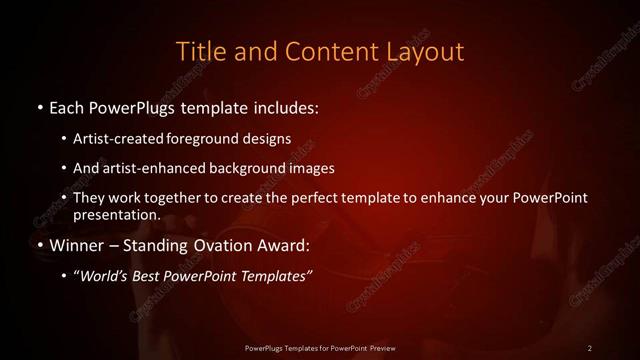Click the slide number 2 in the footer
click(590, 347)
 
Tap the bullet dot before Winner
click(38, 245)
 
